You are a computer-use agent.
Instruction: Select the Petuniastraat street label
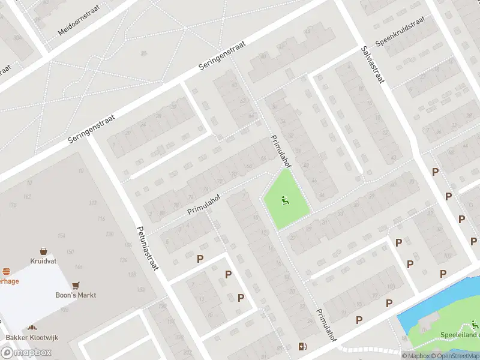click(146, 247)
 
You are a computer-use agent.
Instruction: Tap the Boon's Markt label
click(76, 295)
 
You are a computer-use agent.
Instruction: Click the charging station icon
click(303, 346)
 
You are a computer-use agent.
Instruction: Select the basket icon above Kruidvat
click(43, 251)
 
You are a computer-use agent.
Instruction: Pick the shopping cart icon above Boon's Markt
click(76, 285)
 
